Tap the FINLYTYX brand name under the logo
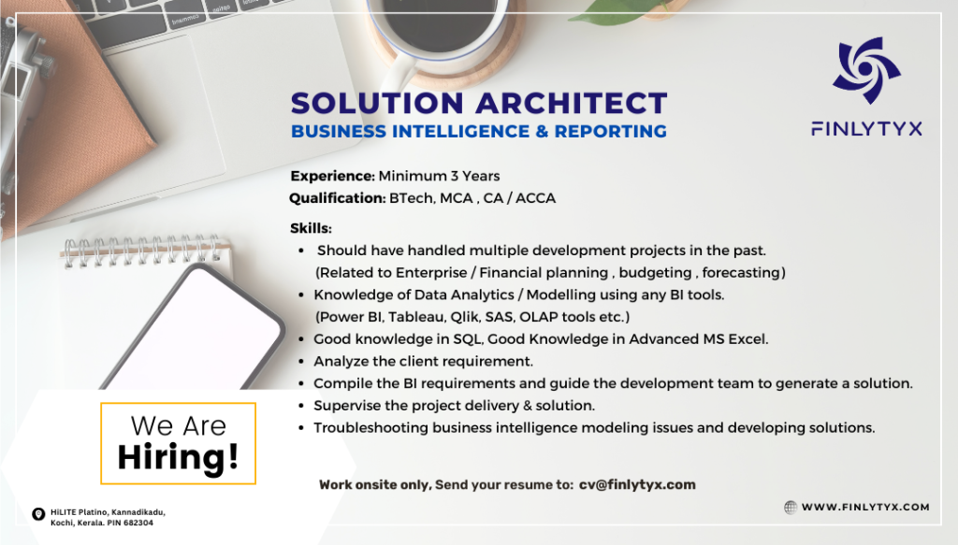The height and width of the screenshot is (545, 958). (866, 129)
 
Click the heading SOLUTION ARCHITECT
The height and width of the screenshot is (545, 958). (479, 103)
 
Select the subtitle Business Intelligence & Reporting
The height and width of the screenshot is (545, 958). (479, 132)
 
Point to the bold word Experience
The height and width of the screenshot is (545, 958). (332, 176)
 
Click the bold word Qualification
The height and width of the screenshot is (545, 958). (337, 198)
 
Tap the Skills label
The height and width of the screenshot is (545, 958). (311, 228)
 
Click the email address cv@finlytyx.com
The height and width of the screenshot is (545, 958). (637, 484)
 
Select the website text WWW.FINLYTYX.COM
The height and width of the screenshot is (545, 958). (865, 507)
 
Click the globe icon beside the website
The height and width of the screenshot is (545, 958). (791, 507)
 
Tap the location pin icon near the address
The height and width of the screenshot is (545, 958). (38, 513)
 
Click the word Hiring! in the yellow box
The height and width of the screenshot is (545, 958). (178, 456)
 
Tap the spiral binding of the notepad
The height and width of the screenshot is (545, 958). (145, 250)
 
